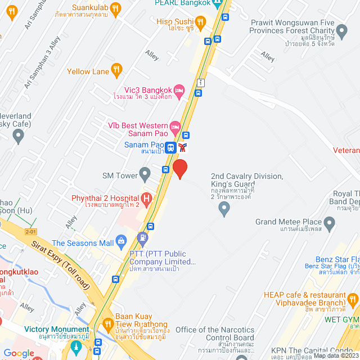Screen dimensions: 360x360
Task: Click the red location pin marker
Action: coord(179,169)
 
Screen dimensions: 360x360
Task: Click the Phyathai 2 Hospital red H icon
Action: coord(146,198)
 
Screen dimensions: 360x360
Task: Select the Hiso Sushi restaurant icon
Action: coord(201,22)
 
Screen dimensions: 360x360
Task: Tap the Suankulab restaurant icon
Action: coord(115,8)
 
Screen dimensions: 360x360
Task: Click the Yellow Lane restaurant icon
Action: coord(116,70)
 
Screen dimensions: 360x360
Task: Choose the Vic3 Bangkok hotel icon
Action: coord(179,90)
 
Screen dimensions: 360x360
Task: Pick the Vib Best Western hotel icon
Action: coord(175,127)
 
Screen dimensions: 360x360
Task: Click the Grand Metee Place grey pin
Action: coord(330,224)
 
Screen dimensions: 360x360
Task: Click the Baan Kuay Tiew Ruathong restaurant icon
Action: coord(108,325)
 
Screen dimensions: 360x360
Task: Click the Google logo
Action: coord(19,353)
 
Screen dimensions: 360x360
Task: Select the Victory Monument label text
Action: coord(56,329)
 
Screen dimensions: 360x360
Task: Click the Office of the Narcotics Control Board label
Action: coord(215,334)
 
